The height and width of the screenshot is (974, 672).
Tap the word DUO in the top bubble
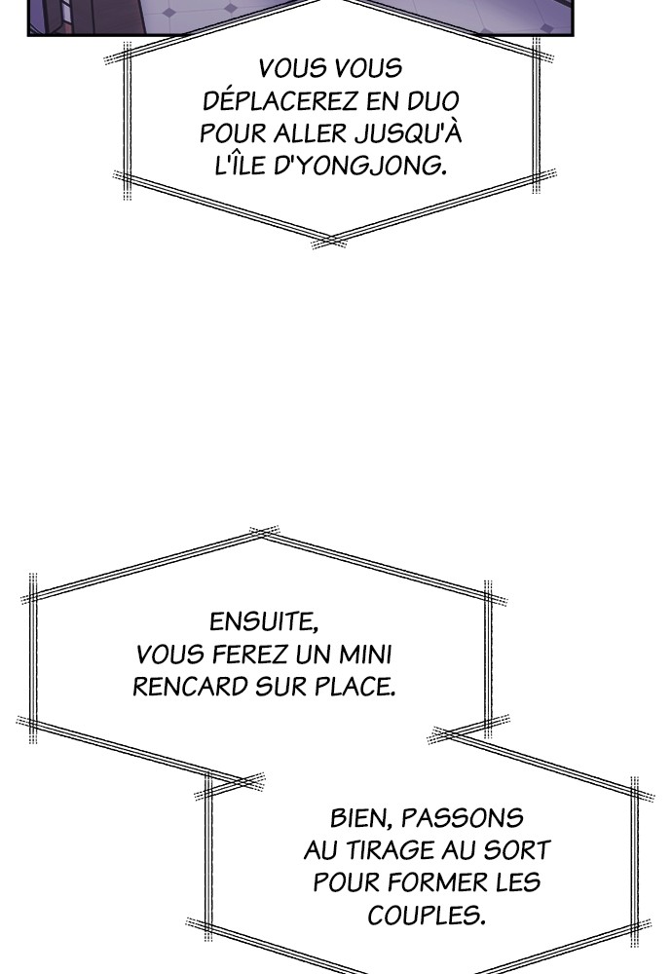(433, 100)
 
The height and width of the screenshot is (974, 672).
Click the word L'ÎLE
(241, 166)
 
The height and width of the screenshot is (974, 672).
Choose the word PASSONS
(463, 818)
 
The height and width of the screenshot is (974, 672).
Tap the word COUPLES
(426, 916)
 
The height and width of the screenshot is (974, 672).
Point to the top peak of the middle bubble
(264, 533)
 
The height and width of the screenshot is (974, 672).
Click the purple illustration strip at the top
(300, 17)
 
